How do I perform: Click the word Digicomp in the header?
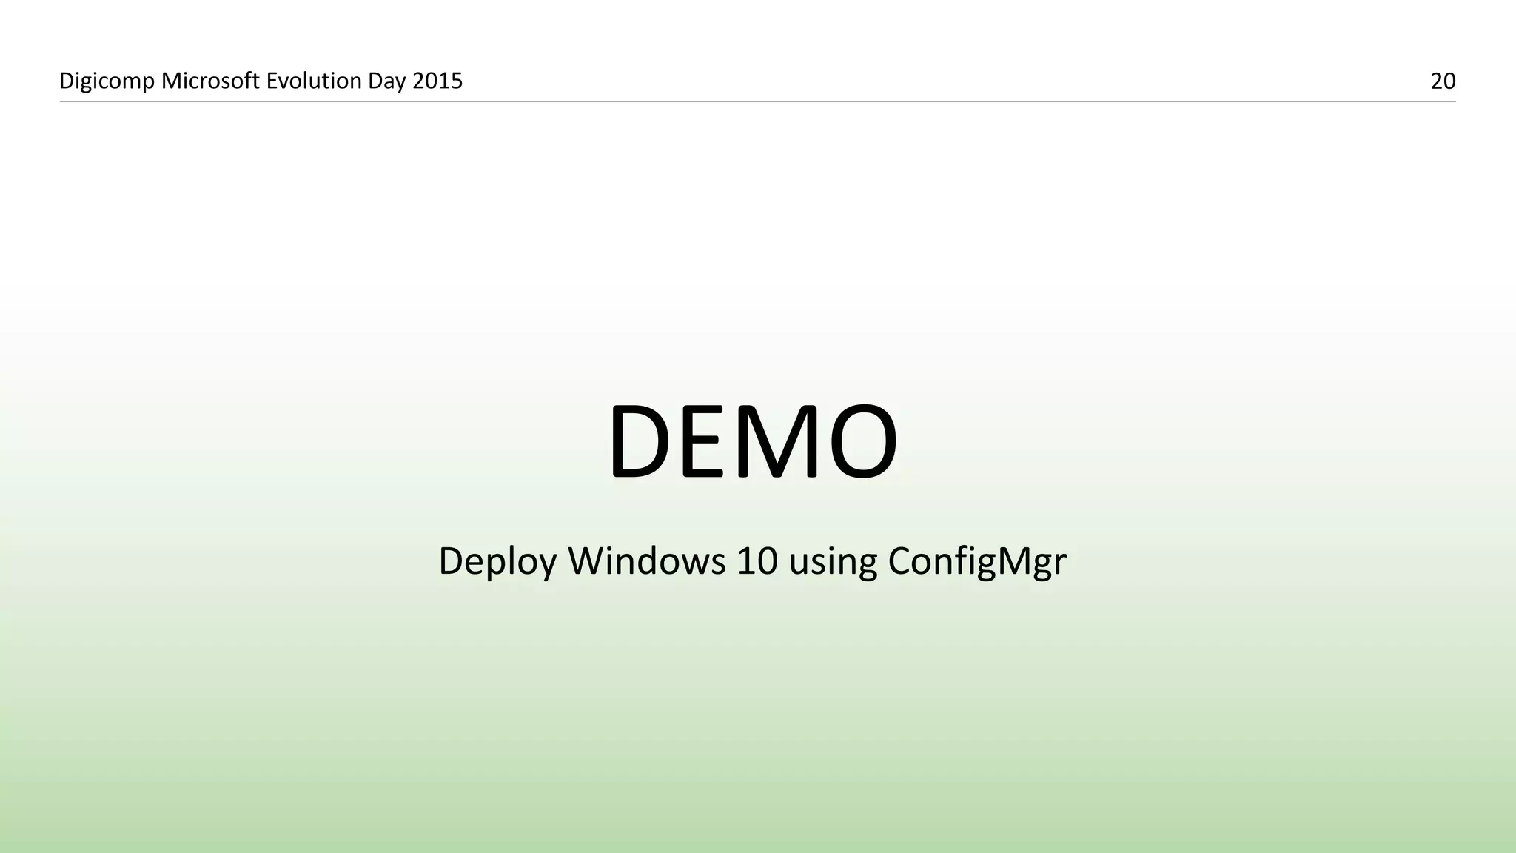tap(107, 81)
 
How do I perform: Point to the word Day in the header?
tap(387, 81)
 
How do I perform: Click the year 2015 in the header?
tap(437, 81)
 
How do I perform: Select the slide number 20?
tap(1443, 81)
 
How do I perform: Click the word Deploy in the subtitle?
tap(497, 561)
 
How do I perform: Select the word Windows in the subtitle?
tap(646, 561)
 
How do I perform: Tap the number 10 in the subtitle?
tap(757, 561)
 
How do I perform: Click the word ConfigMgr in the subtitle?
tap(976, 561)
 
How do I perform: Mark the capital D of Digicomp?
tap(65, 81)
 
